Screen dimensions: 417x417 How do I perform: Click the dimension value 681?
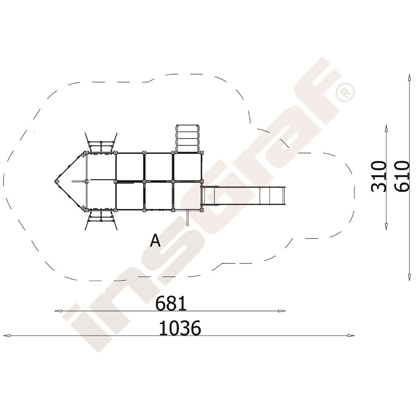(x=171, y=304)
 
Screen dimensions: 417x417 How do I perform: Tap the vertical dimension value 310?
(x=379, y=176)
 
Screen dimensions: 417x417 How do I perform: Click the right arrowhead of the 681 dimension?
(x=282, y=311)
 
